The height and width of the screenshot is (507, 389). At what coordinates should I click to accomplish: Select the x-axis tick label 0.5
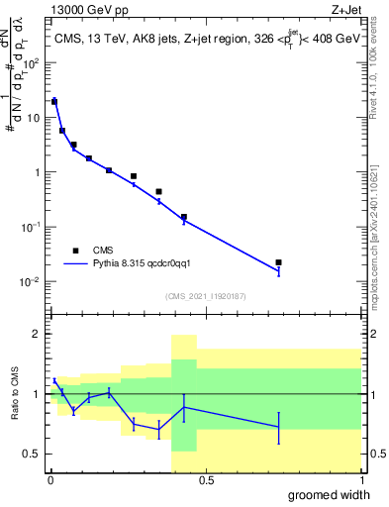205,480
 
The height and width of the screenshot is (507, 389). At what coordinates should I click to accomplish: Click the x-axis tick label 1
360,480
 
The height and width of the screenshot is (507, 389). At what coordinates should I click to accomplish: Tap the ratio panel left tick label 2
38,334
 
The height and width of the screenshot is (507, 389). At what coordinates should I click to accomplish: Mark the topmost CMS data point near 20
54,101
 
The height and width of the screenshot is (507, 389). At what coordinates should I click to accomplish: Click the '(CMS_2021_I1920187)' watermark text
207,296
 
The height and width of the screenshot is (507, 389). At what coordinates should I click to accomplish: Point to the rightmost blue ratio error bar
279,427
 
